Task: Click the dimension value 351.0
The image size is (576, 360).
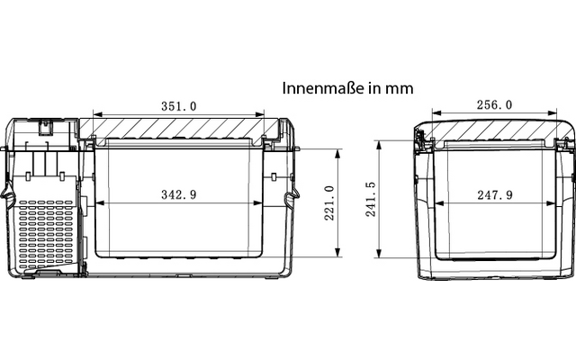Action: click(x=179, y=106)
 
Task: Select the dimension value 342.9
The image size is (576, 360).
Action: click(x=179, y=194)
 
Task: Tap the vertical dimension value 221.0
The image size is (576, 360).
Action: click(x=329, y=203)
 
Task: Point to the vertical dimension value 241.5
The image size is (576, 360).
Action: click(x=371, y=199)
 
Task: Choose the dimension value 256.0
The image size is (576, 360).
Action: click(x=494, y=105)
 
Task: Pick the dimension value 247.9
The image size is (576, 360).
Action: click(x=495, y=194)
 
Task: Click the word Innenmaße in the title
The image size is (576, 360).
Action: click(x=323, y=88)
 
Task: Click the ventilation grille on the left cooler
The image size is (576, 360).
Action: click(x=46, y=234)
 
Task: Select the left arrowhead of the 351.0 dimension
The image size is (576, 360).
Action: click(x=98, y=114)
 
